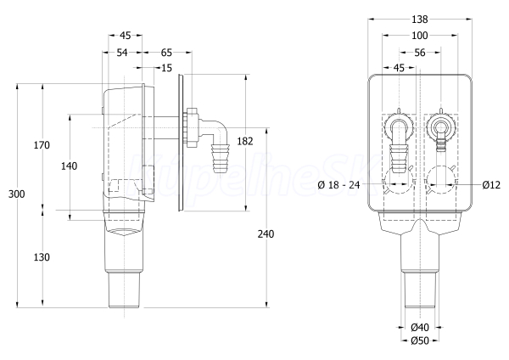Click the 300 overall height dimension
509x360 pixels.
[16, 194]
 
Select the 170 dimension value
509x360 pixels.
[42, 145]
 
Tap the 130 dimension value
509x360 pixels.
[42, 257]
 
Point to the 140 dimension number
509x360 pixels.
[70, 166]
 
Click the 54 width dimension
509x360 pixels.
[122, 53]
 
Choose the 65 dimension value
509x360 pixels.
[166, 53]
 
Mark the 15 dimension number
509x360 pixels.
[166, 68]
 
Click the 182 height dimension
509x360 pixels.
[245, 141]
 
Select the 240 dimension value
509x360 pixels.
[266, 234]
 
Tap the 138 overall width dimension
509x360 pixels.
[420, 20]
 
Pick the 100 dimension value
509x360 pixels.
[420, 36]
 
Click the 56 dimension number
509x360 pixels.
[420, 53]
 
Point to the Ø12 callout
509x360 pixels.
[491, 185]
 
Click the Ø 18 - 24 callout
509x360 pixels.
[338, 185]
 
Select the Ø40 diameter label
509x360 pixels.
[420, 327]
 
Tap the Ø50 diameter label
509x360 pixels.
[420, 340]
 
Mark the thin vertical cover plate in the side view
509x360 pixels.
[181, 143]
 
